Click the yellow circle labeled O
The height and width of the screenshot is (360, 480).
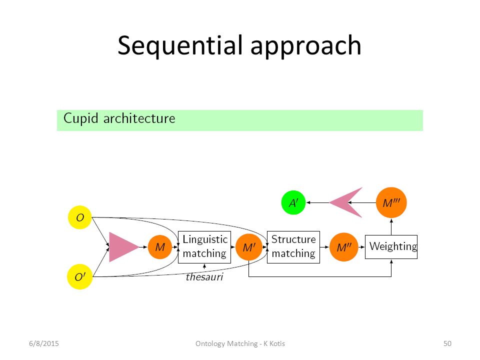[80, 217]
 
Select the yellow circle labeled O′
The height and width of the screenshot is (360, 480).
[79, 276]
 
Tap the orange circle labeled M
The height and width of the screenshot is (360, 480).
[160, 247]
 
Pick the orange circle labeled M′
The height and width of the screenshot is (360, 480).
[249, 247]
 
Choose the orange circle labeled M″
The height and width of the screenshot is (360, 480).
[344, 247]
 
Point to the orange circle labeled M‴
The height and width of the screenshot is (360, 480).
[391, 202]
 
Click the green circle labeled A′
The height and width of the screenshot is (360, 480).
[293, 202]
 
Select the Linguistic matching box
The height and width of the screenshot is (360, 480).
[204, 247]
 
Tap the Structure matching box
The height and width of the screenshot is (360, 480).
[293, 247]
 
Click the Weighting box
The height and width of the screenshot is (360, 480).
[391, 246]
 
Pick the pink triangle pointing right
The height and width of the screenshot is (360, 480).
[122, 247]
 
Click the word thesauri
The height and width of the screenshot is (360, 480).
[204, 276]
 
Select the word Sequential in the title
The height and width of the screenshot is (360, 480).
[180, 45]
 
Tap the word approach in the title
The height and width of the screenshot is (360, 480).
[306, 46]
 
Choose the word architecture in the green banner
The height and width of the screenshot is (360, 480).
[139, 118]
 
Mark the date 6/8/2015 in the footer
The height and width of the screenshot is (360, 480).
[44, 343]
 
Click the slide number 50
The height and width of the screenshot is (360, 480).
[447, 343]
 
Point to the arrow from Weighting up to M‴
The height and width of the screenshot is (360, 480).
[391, 226]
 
